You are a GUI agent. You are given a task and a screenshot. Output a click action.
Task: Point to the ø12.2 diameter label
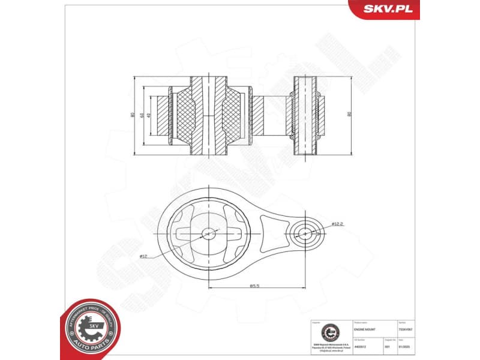click(x=337, y=224)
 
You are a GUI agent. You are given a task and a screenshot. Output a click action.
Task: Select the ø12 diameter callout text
click(x=143, y=256)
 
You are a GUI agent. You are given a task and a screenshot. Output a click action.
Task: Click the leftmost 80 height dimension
click(x=133, y=115)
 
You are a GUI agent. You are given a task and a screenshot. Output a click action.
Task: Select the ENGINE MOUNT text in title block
click(x=364, y=331)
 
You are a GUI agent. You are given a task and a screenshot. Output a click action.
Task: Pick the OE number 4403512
click(x=361, y=346)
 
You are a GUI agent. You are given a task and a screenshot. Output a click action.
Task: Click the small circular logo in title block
click(x=328, y=332)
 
